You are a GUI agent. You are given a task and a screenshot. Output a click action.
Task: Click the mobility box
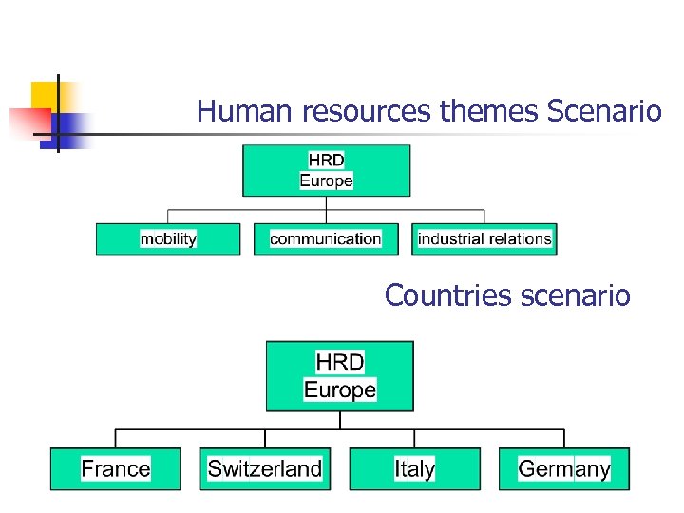(x=167, y=238)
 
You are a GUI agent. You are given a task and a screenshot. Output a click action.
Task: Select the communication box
(x=325, y=238)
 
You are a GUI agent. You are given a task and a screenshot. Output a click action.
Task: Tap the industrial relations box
(x=484, y=238)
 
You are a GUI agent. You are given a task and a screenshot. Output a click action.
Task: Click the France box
(x=116, y=468)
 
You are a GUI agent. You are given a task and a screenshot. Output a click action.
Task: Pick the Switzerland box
(x=264, y=468)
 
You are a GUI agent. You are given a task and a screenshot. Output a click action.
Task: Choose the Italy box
(x=414, y=468)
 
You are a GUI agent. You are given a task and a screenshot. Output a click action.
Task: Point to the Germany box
(x=563, y=468)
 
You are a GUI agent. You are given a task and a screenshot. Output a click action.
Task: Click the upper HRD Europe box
(x=326, y=170)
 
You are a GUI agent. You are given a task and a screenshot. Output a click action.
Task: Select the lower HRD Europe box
(x=339, y=376)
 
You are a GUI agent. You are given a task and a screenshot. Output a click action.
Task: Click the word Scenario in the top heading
(x=604, y=113)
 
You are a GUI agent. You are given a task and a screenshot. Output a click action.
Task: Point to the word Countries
(x=449, y=296)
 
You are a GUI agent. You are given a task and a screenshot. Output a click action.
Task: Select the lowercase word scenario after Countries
(x=576, y=296)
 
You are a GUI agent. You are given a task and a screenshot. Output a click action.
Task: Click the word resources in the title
(x=368, y=113)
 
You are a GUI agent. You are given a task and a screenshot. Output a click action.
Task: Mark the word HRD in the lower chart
(x=339, y=362)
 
